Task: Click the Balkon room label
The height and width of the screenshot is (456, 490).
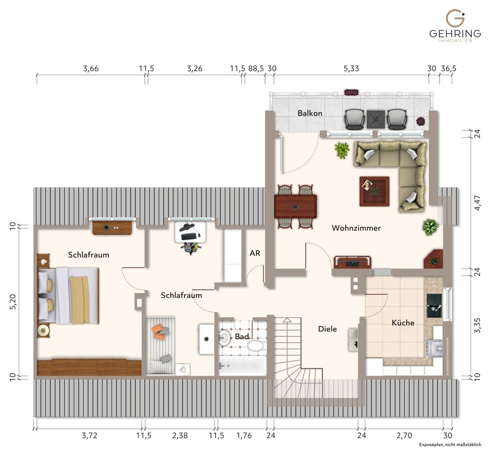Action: tap(310, 113)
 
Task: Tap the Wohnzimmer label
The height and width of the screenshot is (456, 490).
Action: tap(356, 228)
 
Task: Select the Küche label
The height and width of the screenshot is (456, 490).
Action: tap(403, 323)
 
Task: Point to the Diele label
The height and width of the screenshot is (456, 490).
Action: tap(327, 329)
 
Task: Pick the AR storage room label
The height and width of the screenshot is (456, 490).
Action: tap(255, 253)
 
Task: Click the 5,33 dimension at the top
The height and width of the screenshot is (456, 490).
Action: tap(351, 68)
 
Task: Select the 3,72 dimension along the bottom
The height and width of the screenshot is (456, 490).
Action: tap(89, 436)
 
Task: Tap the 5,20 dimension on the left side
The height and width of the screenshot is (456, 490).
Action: tap(13, 302)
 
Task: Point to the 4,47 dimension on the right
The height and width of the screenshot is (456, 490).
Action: tap(477, 203)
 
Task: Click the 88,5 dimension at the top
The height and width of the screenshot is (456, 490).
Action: tap(256, 68)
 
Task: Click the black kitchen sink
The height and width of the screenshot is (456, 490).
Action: tap(434, 306)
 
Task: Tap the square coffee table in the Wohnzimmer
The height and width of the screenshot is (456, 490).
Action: tap(374, 191)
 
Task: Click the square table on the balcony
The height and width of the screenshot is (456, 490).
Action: tap(376, 119)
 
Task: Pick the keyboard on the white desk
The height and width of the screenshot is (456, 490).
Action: tap(189, 236)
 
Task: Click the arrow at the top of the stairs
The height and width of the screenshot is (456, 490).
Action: tap(287, 320)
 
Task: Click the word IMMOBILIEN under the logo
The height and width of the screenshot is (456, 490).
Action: tap(455, 41)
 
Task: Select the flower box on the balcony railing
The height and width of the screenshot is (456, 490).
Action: tap(351, 92)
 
